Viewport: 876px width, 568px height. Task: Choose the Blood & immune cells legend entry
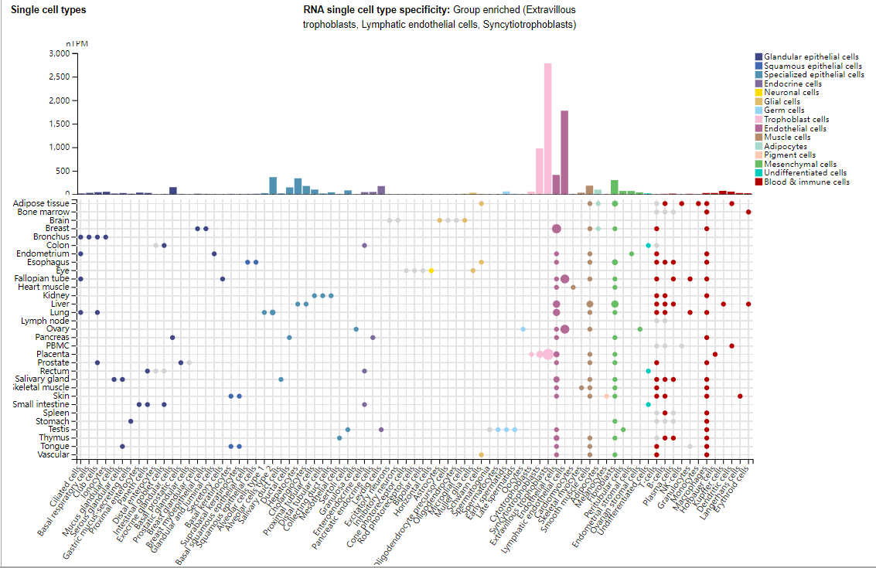click(806, 182)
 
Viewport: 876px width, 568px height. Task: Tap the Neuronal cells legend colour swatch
click(758, 93)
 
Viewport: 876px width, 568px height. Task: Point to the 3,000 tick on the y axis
click(58, 54)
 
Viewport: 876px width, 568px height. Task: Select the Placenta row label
click(53, 354)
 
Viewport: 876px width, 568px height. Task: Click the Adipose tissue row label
click(42, 203)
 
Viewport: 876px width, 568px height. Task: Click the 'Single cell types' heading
click(49, 10)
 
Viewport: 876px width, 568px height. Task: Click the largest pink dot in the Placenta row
click(547, 354)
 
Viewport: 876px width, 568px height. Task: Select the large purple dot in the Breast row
click(556, 229)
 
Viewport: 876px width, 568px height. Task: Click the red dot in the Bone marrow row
click(748, 212)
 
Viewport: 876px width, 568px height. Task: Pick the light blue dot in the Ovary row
click(523, 329)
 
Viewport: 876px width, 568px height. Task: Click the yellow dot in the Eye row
click(431, 270)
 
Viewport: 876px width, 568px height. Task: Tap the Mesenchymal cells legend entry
click(799, 164)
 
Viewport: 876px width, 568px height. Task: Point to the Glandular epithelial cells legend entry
click(810, 57)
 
